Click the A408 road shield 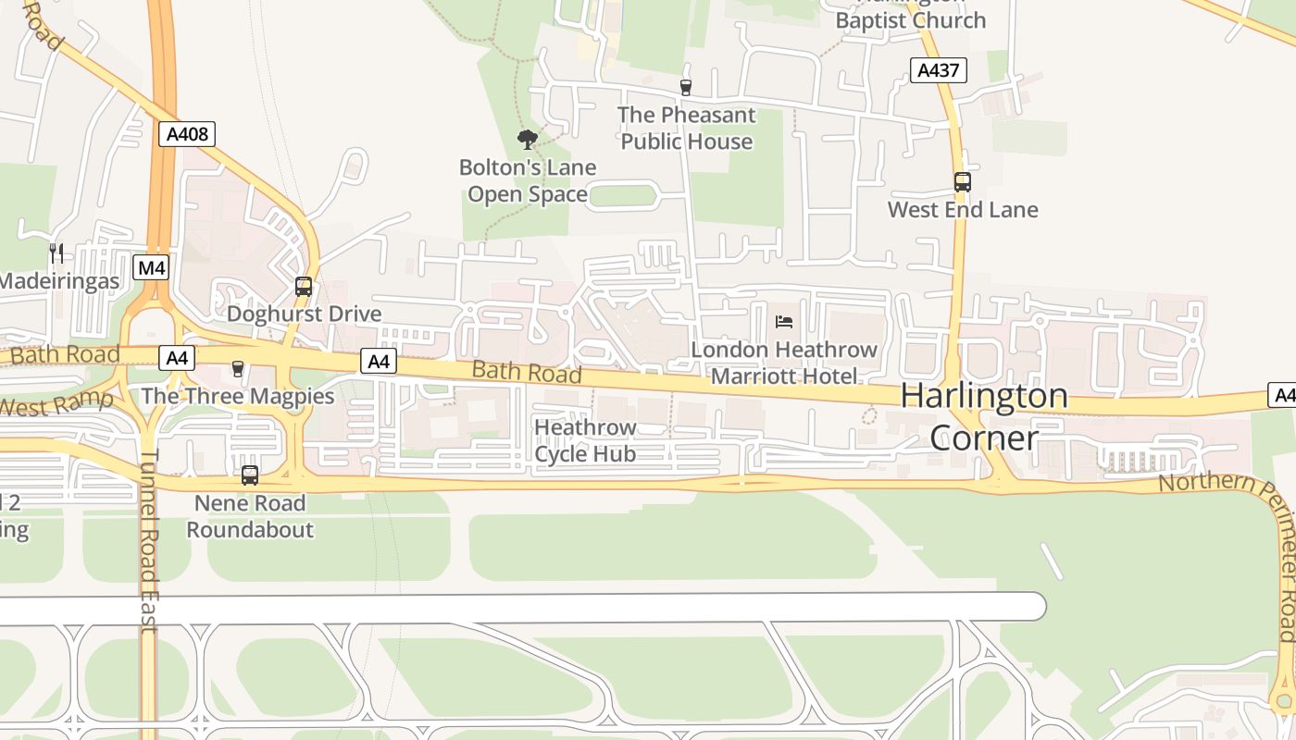[x=188, y=134]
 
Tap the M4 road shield [x=152, y=268]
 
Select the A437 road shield [x=939, y=70]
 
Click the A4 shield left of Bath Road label [x=379, y=361]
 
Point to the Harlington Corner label [x=984, y=416]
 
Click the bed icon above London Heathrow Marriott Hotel [x=784, y=322]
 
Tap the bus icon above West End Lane [x=963, y=182]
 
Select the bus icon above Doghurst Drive [x=304, y=287]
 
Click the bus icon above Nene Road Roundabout [x=250, y=475]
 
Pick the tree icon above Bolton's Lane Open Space [x=528, y=140]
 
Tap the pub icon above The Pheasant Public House [x=686, y=88]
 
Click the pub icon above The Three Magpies [x=238, y=369]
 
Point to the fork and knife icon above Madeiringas [x=56, y=253]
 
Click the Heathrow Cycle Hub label [x=585, y=440]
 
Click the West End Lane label [x=963, y=210]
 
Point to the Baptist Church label [x=911, y=18]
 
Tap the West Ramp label [x=56, y=404]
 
